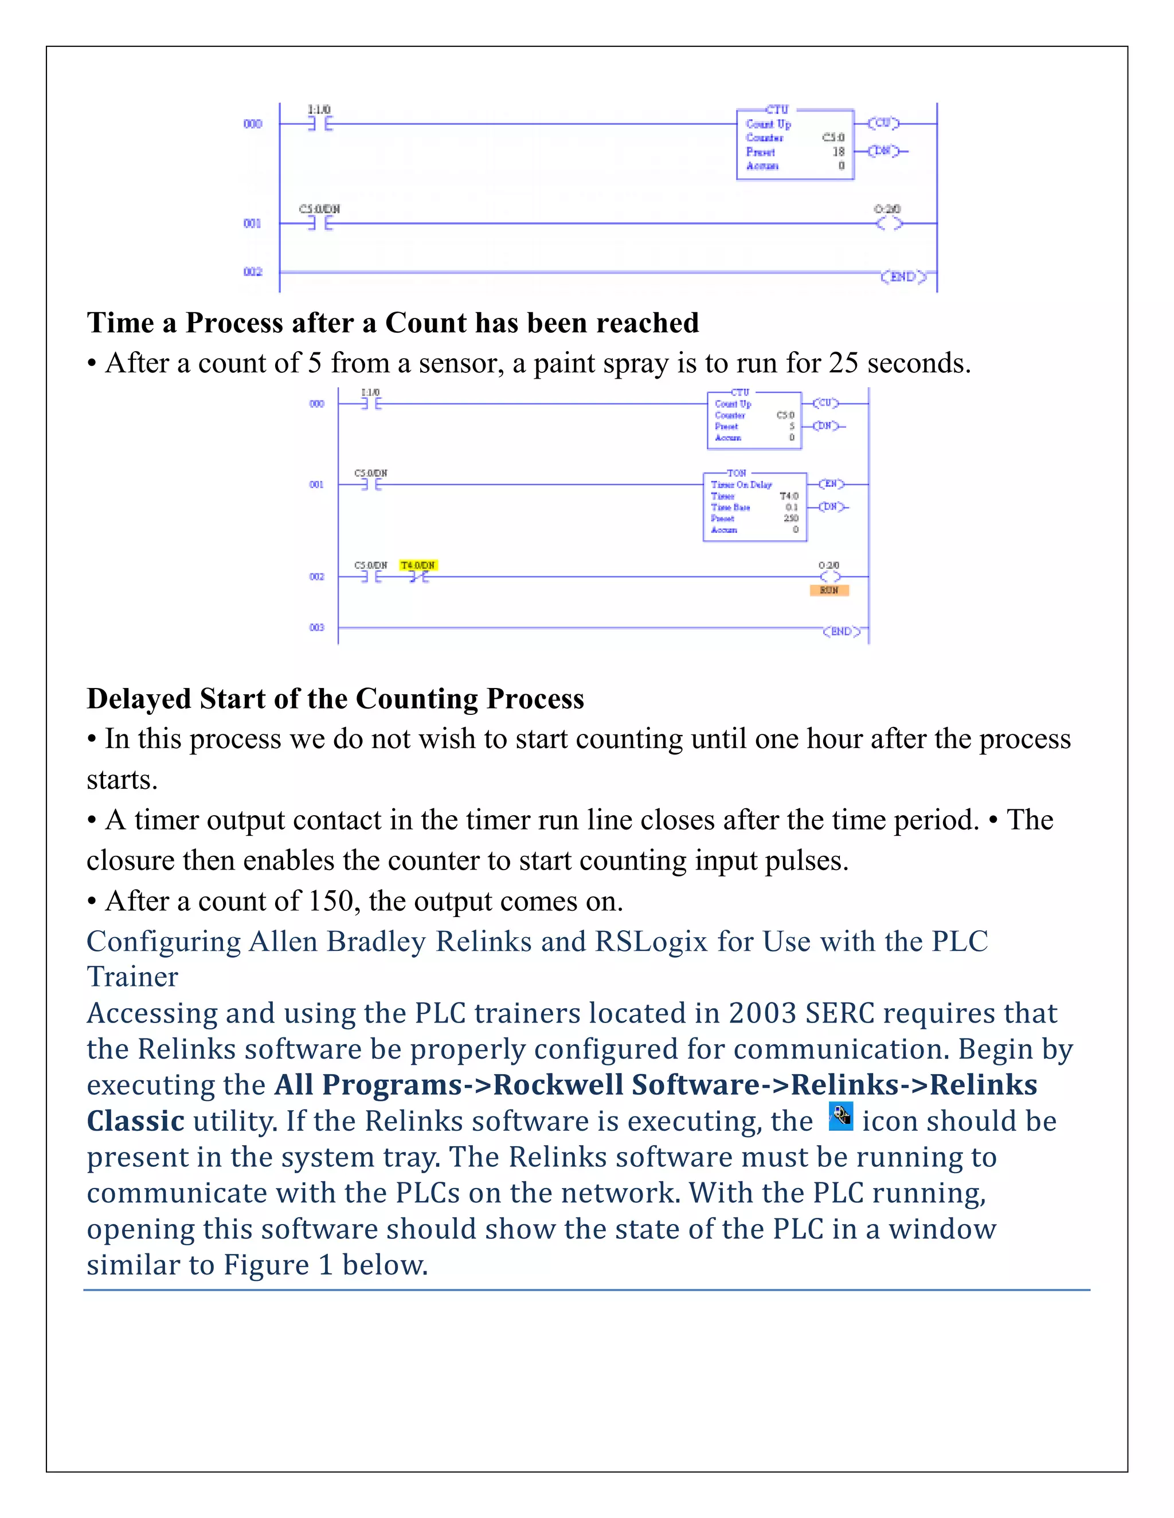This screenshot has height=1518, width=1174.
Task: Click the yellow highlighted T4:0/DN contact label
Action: (x=418, y=565)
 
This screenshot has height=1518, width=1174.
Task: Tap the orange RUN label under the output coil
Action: (x=829, y=590)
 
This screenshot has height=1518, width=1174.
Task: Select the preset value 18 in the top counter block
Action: (x=839, y=152)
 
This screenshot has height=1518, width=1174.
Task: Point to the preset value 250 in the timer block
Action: (x=791, y=518)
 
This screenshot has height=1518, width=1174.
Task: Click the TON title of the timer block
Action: (x=737, y=473)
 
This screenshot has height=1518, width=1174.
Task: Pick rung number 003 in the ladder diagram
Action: (x=316, y=628)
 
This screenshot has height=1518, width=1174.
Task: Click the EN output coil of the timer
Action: (x=831, y=484)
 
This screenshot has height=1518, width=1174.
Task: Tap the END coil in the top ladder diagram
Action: (x=903, y=277)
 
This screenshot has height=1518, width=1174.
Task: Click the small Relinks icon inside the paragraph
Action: (x=841, y=1117)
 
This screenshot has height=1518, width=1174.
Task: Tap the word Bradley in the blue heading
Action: (x=376, y=942)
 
